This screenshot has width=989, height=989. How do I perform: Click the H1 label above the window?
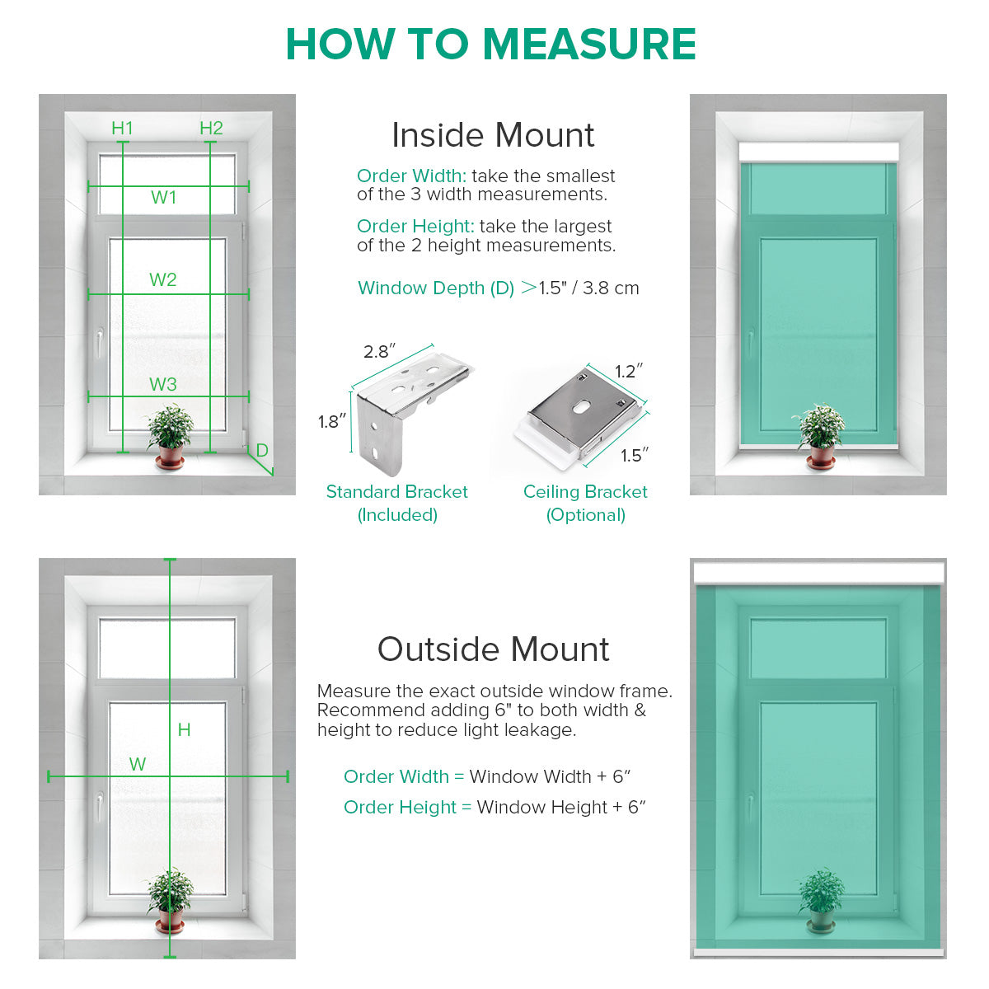pyautogui.click(x=122, y=128)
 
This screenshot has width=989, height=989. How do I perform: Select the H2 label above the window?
pyautogui.click(x=211, y=128)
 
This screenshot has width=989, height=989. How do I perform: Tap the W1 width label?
pyautogui.click(x=163, y=198)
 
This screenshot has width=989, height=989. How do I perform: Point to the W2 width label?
pyautogui.click(x=162, y=280)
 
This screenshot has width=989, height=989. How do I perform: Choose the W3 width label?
pyautogui.click(x=162, y=385)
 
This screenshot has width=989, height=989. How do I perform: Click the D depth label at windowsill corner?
pyautogui.click(x=262, y=451)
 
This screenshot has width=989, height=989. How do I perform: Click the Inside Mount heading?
pyautogui.click(x=493, y=136)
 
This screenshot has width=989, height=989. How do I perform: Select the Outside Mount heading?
pyautogui.click(x=493, y=649)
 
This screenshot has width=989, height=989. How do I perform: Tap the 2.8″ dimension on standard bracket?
pyautogui.click(x=379, y=352)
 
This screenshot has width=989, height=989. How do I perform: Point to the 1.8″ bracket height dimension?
pyautogui.click(x=331, y=423)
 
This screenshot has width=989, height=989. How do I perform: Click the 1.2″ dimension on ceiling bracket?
pyautogui.click(x=629, y=372)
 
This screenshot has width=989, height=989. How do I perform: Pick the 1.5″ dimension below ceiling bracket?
pyautogui.click(x=635, y=456)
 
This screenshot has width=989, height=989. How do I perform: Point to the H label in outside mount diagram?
pyautogui.click(x=184, y=730)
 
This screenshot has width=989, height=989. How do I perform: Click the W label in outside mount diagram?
pyautogui.click(x=138, y=765)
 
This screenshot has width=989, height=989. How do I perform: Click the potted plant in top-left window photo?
pyautogui.click(x=171, y=435)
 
